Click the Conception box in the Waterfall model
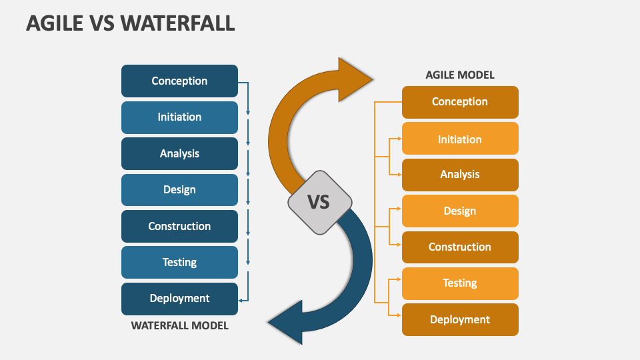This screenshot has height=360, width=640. [179, 81]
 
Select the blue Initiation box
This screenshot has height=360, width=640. [179, 117]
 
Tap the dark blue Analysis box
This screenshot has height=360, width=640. [179, 153]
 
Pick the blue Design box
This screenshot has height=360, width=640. [179, 190]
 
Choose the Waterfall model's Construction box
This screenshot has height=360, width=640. [179, 226]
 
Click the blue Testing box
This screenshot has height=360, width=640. [179, 262]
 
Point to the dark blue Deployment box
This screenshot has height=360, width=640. [179, 299]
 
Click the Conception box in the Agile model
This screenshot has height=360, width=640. [460, 102]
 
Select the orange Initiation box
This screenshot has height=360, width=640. [460, 139]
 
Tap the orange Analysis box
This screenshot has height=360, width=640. [460, 175]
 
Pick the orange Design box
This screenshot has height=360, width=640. [460, 211]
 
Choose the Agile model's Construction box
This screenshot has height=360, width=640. [460, 247]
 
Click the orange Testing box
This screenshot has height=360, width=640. [460, 284]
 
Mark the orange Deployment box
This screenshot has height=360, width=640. [460, 319]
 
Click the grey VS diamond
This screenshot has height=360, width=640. [319, 203]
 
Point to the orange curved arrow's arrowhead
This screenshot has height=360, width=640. [353, 79]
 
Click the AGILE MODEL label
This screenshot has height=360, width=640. [460, 75]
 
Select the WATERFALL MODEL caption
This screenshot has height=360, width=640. [179, 326]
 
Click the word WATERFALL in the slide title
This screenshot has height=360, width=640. [177, 23]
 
